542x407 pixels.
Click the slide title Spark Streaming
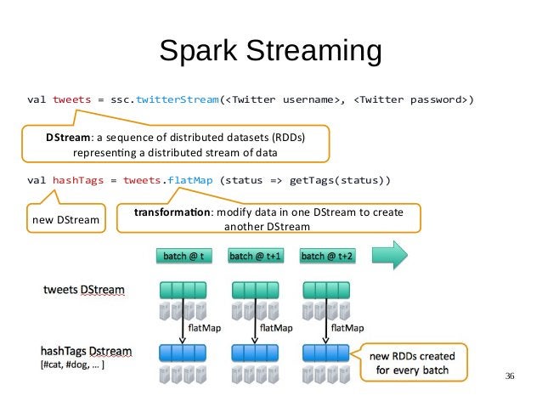(270, 51)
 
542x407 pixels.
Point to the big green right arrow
(392, 254)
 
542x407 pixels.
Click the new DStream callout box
(63, 221)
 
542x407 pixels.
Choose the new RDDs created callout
(415, 362)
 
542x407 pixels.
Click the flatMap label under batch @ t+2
(348, 326)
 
